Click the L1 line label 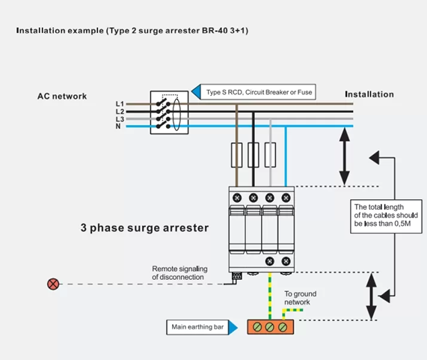coord(120,103)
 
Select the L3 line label coord(120,119)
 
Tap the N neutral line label coord(118,126)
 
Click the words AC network coord(62,96)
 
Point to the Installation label coord(369,94)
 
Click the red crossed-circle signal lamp coord(53,284)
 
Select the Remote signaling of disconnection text coord(179,272)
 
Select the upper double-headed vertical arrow coord(344,157)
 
